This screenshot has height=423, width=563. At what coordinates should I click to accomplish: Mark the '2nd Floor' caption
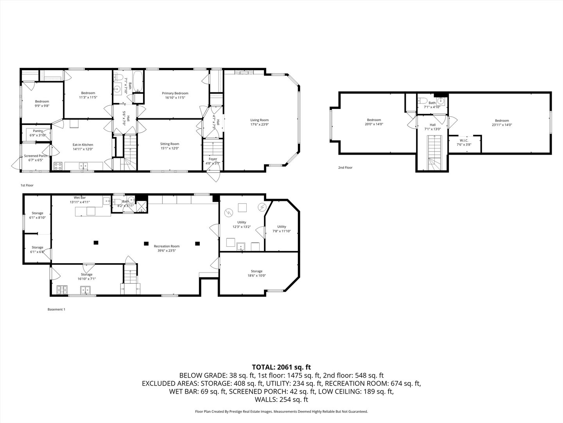[x=345, y=168]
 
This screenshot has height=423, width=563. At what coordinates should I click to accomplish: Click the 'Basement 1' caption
[x=56, y=309]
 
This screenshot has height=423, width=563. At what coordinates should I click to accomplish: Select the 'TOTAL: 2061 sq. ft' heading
[x=281, y=367]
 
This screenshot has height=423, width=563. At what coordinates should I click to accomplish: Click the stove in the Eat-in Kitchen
[x=58, y=166]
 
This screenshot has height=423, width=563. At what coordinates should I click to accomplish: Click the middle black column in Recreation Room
[x=146, y=243]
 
